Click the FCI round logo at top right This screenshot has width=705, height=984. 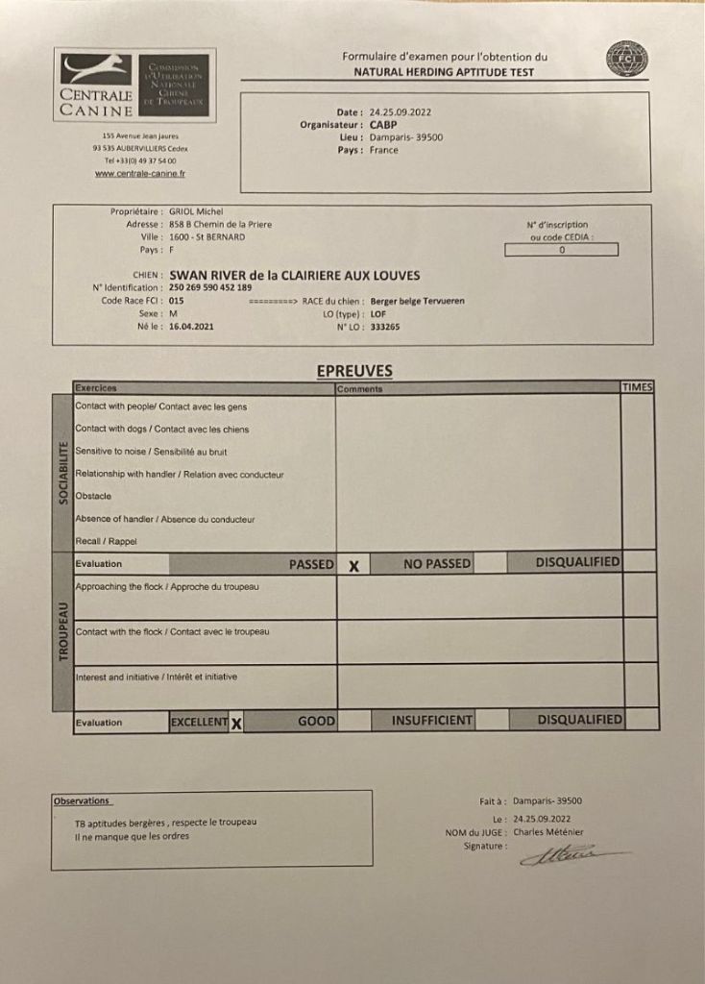coord(626,60)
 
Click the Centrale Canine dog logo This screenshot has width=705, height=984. coord(97,69)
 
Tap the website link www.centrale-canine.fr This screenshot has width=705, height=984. coord(140,174)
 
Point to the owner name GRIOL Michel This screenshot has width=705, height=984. coord(196,211)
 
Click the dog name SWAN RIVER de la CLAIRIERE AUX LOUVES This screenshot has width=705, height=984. coord(294,275)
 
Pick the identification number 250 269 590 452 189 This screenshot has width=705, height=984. coord(210,287)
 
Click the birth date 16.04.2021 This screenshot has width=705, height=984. coord(191,327)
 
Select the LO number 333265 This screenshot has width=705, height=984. coord(384,327)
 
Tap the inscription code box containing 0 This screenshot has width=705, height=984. coord(561,250)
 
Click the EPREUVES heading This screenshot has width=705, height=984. coord(353,371)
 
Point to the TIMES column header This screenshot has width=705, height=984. coord(637,387)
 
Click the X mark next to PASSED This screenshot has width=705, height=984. coord(353,566)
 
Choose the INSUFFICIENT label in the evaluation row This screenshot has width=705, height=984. coord(432,720)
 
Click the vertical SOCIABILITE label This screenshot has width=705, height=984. coord(62,473)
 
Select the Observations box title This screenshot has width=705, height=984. coord(82,800)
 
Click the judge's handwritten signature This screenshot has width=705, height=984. coord(567,853)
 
